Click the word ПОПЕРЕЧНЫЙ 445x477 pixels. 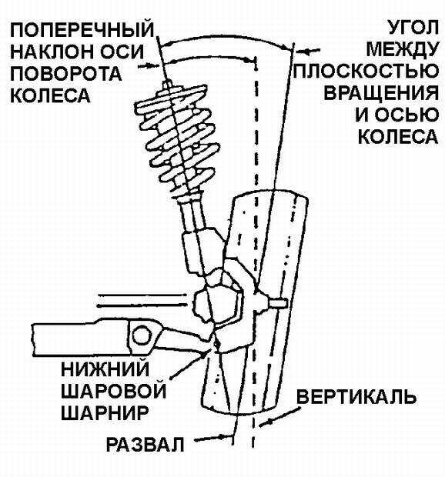pyautogui.click(x=82, y=29)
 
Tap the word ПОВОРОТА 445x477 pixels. pyautogui.click(x=66, y=74)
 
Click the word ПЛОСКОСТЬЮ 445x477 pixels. pyautogui.click(x=366, y=71)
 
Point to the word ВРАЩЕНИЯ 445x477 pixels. pyautogui.click(x=381, y=93)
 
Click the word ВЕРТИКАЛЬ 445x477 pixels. pyautogui.click(x=356, y=396)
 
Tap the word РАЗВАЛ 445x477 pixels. pyautogui.click(x=146, y=445)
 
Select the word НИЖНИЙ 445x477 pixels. pyautogui.click(x=105, y=369)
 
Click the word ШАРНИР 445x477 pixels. pyautogui.click(x=105, y=412)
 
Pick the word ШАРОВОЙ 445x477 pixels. pyautogui.click(x=113, y=390)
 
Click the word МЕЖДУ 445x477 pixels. pyautogui.click(x=403, y=48)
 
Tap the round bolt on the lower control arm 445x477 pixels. pyautogui.click(x=142, y=335)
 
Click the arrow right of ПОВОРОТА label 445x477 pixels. pyautogui.click(x=149, y=65)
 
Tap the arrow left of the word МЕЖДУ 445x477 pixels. pyautogui.click(x=308, y=51)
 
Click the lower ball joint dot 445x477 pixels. pyautogui.click(x=216, y=344)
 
